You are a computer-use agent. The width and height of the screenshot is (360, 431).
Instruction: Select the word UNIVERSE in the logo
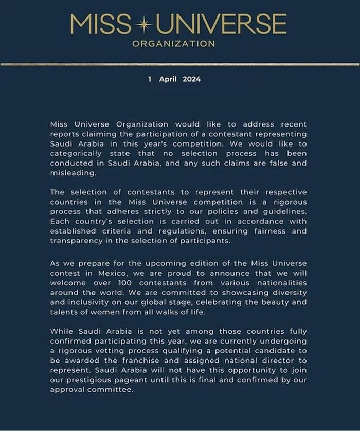221,24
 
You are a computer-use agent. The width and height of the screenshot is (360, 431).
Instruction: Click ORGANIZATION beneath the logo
174,44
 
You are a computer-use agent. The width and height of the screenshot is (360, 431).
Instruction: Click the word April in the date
168,79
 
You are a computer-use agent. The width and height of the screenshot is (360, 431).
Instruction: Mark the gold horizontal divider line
180,64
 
